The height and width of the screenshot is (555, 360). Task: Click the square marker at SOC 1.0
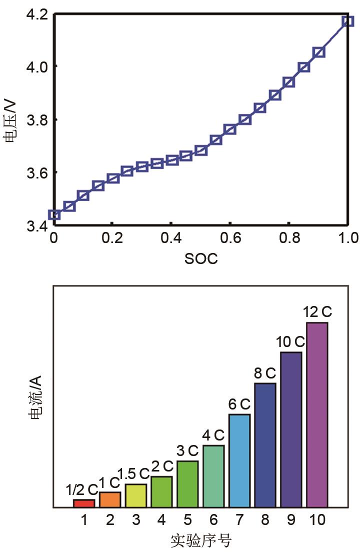(348, 21)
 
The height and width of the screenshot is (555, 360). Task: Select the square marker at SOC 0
(54, 215)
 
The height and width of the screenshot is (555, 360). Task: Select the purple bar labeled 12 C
(317, 415)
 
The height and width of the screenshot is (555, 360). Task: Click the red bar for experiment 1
(84, 503)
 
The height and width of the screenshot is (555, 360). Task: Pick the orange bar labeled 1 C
(110, 499)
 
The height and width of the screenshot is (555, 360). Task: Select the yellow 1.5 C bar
(136, 495)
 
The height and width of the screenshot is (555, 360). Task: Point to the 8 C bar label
(265, 373)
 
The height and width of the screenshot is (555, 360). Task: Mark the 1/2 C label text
(82, 489)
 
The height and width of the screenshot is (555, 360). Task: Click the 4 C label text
(213, 435)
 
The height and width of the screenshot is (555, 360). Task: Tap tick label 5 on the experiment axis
(187, 520)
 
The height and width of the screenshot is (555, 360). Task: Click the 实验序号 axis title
(201, 541)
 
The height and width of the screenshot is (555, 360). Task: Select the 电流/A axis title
(36, 396)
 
